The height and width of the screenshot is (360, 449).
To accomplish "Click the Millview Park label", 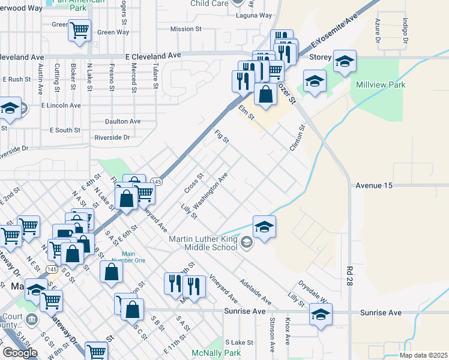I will pyautogui.click(x=381, y=85).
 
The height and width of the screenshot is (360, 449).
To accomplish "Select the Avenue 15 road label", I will pyautogui.click(x=373, y=186).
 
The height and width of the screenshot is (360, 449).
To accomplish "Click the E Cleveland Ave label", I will pyautogui.click(x=153, y=55).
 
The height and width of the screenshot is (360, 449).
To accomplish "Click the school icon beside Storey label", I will pyautogui.click(x=345, y=62).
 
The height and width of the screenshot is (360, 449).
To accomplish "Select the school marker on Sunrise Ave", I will pyautogui.click(x=321, y=314).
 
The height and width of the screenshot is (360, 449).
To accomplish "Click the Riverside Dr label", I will pyautogui.click(x=112, y=137).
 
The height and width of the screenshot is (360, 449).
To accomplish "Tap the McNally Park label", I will pyautogui.click(x=216, y=353).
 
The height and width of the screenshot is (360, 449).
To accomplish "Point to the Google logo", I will pyautogui.click(x=20, y=353).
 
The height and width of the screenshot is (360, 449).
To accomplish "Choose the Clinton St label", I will pyautogui.click(x=298, y=138).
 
